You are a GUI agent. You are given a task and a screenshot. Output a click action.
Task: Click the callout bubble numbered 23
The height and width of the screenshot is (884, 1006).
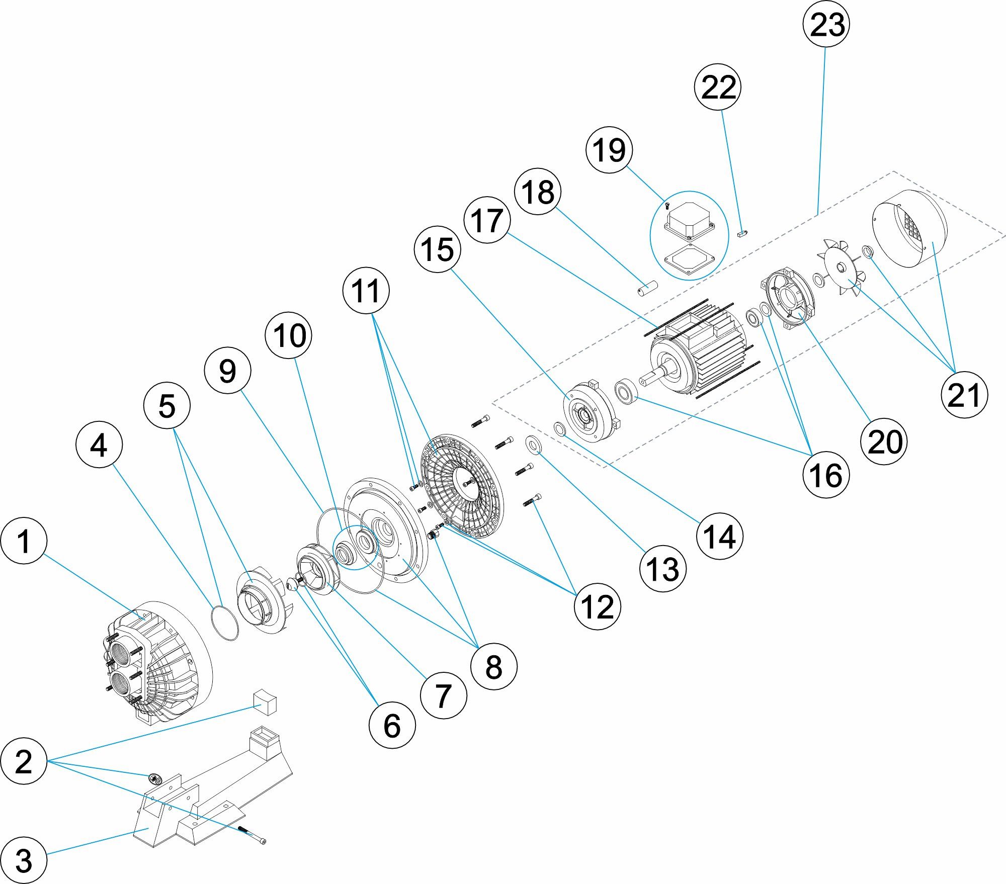tap(826, 24)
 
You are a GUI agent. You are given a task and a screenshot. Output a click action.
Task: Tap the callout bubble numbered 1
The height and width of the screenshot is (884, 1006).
tap(24, 541)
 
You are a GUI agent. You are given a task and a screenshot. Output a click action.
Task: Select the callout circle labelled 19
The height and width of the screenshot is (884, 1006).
tap(609, 150)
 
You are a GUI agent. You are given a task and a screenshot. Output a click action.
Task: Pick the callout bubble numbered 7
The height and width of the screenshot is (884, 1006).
tap(443, 695)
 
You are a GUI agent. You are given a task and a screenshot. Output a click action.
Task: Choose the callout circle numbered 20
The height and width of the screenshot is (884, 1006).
tap(884, 441)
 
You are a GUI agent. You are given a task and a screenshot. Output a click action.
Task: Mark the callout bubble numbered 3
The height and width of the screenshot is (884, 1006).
tap(24, 860)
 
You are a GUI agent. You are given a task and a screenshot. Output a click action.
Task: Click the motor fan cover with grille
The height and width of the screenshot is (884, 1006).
tap(910, 226)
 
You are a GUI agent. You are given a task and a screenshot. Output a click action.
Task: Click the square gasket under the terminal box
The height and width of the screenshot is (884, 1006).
tap(689, 259)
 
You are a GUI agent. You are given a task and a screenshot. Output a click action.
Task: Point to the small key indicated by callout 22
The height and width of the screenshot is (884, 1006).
tap(743, 233)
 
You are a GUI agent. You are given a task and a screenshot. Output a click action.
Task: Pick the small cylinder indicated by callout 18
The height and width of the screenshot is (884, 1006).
tap(648, 289)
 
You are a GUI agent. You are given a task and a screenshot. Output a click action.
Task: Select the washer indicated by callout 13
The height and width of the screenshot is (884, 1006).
tap(533, 444)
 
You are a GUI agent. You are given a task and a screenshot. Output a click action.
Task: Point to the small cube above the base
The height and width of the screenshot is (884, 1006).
tap(265, 702)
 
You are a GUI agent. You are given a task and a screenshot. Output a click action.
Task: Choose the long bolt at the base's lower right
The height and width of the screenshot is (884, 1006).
tap(251, 835)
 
